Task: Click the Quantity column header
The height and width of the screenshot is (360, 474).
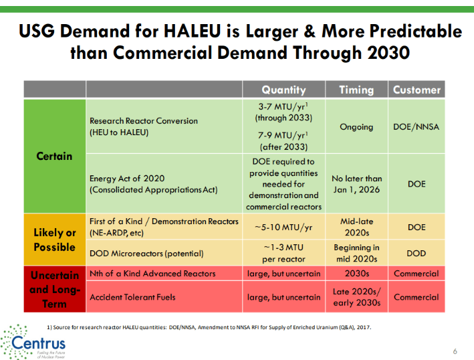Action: tap(283, 90)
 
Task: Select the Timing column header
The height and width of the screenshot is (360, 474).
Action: tap(356, 90)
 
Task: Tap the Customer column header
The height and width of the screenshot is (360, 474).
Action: tap(417, 90)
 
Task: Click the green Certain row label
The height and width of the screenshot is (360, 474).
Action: tap(55, 156)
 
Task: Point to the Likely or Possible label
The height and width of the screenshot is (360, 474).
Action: tap(55, 240)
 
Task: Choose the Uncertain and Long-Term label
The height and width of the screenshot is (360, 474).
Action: tap(55, 289)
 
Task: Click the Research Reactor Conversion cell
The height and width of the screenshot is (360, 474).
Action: tap(144, 126)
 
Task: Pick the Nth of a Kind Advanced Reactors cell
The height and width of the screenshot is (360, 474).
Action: tap(152, 274)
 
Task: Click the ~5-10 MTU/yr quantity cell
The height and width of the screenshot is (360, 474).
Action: tap(283, 227)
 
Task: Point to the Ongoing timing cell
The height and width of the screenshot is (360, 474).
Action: tap(356, 126)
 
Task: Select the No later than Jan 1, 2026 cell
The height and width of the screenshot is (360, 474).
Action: tap(356, 184)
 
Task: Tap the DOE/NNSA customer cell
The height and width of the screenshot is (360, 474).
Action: tap(417, 126)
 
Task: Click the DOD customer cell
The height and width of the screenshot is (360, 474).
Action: tap(417, 254)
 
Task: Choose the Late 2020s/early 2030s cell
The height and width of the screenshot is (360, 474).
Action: tap(356, 297)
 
